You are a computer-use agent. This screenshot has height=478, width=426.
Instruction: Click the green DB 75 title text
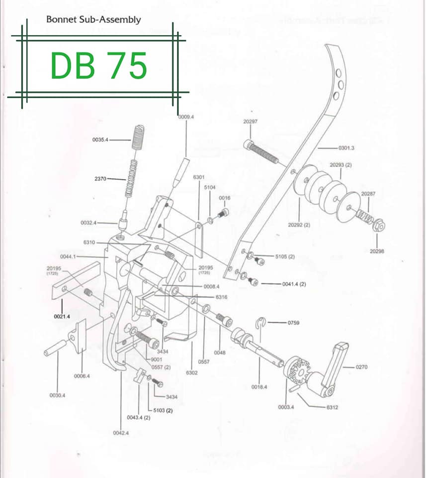click(x=99, y=65)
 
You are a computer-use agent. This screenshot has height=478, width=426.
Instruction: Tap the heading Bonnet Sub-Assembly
click(x=93, y=20)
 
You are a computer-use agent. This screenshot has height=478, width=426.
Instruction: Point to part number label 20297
click(x=250, y=121)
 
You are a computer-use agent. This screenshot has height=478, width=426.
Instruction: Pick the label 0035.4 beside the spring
click(x=101, y=140)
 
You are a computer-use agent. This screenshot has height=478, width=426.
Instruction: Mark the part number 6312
click(x=332, y=407)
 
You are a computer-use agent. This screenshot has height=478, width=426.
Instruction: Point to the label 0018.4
click(x=260, y=387)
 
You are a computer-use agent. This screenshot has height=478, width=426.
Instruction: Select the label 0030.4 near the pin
click(x=57, y=395)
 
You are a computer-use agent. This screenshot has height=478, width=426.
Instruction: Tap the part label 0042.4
click(x=121, y=433)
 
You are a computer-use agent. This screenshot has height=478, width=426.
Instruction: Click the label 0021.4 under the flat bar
click(x=62, y=316)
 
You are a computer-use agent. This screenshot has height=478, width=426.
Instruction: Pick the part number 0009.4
click(x=186, y=118)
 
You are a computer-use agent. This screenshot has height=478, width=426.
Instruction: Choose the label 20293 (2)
click(x=341, y=164)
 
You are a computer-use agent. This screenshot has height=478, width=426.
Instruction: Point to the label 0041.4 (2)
click(x=293, y=284)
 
